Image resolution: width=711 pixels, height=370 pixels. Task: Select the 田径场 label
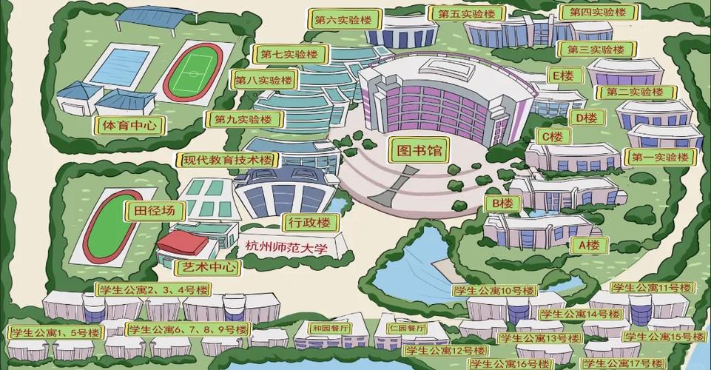pos(155,211)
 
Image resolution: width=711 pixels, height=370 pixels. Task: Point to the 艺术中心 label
pos(208,266)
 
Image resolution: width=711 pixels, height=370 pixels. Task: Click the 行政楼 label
pos(309,223)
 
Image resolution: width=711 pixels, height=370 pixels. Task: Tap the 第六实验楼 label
pos(343,20)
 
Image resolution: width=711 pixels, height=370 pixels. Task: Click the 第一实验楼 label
pos(660,157)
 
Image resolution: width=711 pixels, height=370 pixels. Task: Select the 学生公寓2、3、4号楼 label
pos(153,289)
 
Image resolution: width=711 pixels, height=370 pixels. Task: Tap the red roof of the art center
pos(183,241)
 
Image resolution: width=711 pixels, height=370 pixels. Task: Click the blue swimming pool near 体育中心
pos(119,66)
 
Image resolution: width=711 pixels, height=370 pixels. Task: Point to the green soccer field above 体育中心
pos(194,72)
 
